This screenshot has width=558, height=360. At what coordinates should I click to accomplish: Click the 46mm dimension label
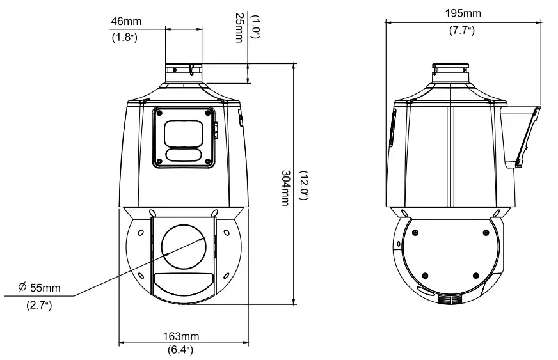[126, 22]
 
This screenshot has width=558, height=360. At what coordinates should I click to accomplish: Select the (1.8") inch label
[126, 36]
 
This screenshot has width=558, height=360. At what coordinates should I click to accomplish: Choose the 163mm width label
[181, 336]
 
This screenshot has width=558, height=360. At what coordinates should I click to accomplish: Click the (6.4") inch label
[181, 349]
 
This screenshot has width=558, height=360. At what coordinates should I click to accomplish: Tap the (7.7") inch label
[462, 30]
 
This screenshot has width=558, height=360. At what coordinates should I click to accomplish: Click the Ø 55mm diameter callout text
[40, 288]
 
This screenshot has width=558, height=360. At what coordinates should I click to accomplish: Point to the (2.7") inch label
[40, 306]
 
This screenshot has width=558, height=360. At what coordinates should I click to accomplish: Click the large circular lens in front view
[184, 247]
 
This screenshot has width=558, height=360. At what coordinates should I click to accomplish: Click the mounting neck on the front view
[184, 73]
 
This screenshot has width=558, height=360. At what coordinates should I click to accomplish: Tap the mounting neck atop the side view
[451, 73]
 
